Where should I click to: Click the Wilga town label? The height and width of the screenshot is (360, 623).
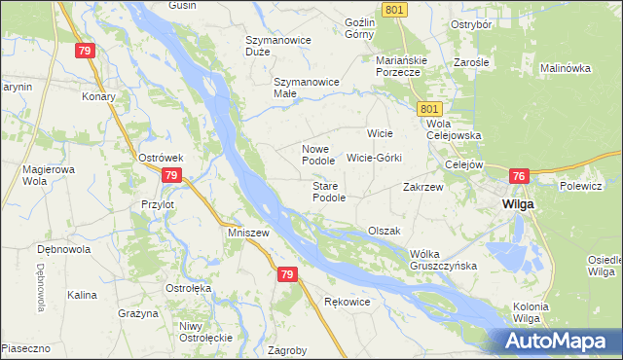516,205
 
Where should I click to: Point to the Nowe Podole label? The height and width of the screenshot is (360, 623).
318,155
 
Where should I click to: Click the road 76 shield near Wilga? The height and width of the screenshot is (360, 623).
518,176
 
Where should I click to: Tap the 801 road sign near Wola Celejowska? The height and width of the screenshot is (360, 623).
432,110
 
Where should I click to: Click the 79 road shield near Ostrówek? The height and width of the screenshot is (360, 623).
171,175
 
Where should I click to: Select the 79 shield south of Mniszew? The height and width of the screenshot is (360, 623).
286,275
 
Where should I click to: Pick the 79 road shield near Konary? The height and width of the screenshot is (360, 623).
86,51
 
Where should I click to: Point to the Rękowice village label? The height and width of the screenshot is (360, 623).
347,302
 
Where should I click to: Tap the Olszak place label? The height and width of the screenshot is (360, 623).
385,231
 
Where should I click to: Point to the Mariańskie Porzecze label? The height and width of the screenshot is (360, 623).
398,65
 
